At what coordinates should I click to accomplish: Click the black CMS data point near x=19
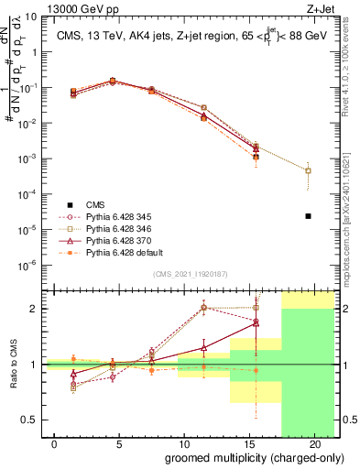309,216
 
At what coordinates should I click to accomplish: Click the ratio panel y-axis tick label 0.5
29,420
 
